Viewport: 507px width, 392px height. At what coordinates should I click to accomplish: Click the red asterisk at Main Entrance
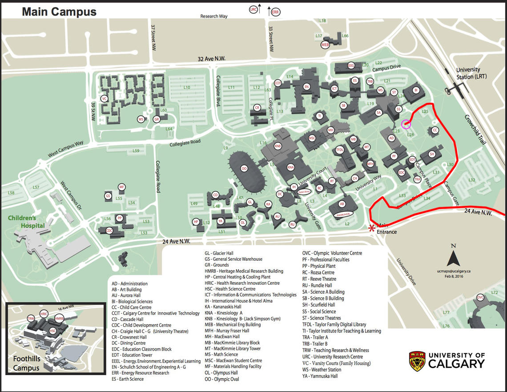372,229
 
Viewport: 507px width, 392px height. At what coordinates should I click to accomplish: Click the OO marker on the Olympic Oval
244,168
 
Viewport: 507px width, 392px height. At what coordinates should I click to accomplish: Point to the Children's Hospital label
27,222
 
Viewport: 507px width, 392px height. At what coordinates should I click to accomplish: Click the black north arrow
453,259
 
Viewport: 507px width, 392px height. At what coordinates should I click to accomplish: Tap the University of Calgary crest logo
417,360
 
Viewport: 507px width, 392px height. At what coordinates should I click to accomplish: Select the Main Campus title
59,12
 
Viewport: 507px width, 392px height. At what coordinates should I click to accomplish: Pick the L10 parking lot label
187,88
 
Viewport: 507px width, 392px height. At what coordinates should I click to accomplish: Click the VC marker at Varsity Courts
105,99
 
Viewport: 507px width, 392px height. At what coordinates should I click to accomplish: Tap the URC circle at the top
254,9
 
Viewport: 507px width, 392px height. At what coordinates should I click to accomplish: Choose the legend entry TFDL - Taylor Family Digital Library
334,324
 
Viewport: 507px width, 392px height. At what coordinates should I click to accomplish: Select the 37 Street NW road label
153,37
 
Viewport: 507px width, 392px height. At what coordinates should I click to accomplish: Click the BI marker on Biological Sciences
416,90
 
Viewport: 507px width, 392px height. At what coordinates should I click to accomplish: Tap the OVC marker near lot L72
480,297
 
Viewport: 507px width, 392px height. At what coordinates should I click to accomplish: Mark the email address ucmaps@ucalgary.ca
454,271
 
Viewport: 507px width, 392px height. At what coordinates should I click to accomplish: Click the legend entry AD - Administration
129,283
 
